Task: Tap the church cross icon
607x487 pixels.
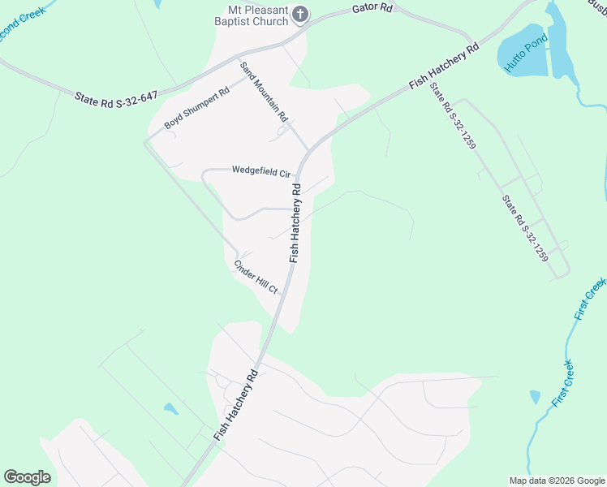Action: [x=300, y=14]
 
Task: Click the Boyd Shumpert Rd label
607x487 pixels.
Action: [x=196, y=107]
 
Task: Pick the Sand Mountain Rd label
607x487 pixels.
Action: [x=264, y=91]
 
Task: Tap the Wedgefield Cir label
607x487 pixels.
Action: [x=260, y=172]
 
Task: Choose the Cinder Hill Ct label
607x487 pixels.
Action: [x=256, y=277]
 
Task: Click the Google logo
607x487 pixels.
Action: [x=27, y=477]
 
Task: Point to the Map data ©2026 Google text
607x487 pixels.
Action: [x=556, y=481]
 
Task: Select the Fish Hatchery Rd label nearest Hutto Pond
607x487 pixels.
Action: [x=445, y=63]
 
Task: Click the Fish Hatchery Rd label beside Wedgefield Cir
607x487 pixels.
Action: [x=295, y=222]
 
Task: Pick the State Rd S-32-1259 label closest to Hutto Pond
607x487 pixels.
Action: [x=453, y=115]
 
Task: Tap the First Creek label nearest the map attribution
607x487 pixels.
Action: [x=562, y=383]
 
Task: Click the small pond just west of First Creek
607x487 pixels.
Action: [x=535, y=397]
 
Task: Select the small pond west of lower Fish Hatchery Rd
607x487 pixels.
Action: [x=170, y=409]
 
